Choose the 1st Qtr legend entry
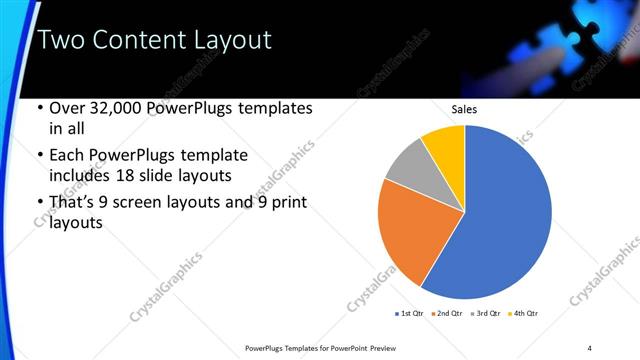click(x=410, y=314)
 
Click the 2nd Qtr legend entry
click(x=447, y=314)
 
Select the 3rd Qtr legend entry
click(x=484, y=314)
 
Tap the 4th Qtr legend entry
click(x=521, y=314)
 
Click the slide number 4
click(x=589, y=347)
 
